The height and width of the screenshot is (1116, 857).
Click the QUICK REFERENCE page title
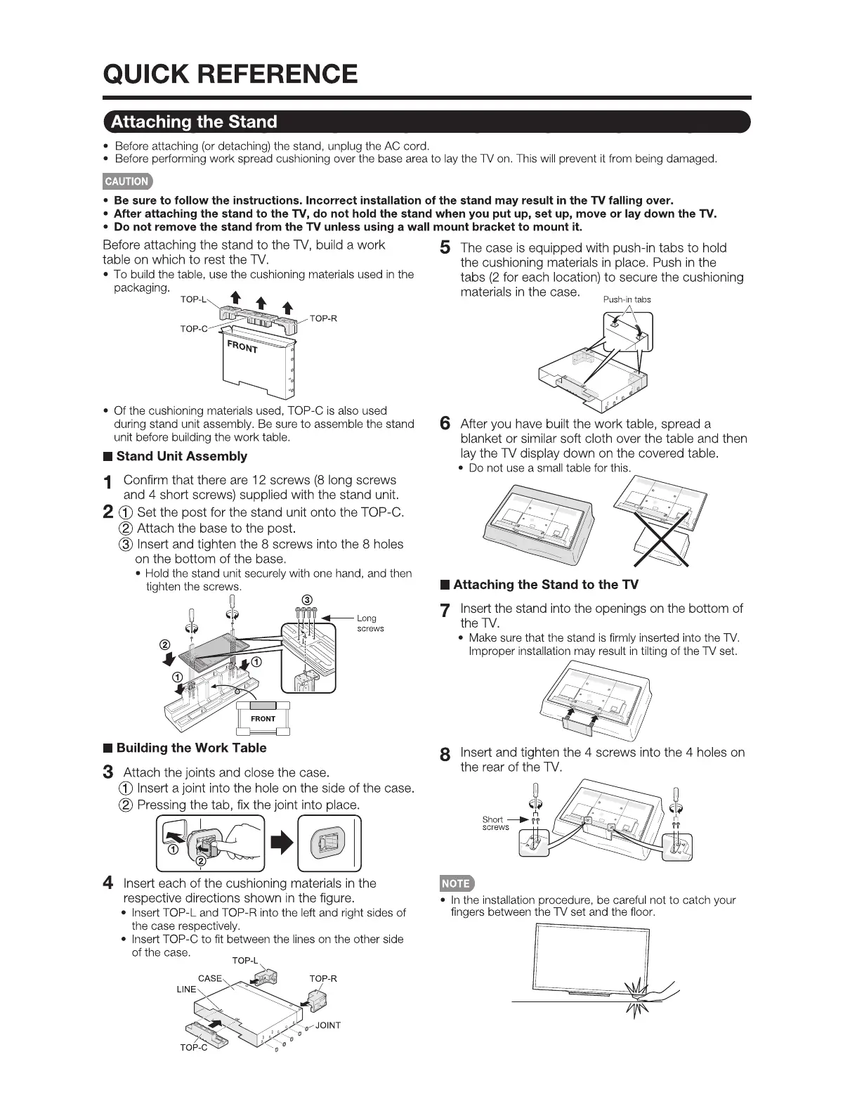(x=230, y=74)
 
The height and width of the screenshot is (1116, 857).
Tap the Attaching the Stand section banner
(x=194, y=122)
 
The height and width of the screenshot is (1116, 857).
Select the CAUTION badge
(x=126, y=181)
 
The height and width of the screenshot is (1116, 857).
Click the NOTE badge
(x=456, y=883)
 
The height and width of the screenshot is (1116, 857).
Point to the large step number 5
(x=444, y=248)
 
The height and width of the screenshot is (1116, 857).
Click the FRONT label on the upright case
(x=242, y=346)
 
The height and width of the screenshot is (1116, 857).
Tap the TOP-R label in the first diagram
(x=323, y=318)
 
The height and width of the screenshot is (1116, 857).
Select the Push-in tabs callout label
(x=627, y=299)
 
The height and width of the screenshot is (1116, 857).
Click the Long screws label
(x=370, y=623)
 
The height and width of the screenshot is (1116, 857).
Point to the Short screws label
(x=495, y=823)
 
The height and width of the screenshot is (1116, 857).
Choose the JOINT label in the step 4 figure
(x=327, y=1025)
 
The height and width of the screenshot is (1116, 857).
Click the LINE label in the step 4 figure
(x=186, y=989)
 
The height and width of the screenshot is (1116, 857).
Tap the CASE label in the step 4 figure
(x=209, y=978)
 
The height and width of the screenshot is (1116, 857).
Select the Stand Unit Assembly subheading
(x=181, y=456)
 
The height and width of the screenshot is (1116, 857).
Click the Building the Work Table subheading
(x=191, y=748)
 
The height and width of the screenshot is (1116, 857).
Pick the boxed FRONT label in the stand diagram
(x=263, y=718)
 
